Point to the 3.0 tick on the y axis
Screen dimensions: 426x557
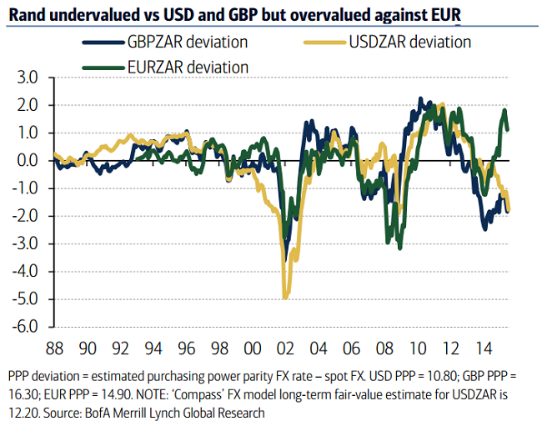coord(28,78)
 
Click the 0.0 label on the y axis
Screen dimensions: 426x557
coord(28,160)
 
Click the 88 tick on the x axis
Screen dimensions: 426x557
coord(55,345)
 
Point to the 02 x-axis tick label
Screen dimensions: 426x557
coord(285,345)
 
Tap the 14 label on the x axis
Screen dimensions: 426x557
coord(483,345)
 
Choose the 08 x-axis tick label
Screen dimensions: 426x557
coord(384,345)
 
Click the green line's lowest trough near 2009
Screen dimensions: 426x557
coord(400,248)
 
